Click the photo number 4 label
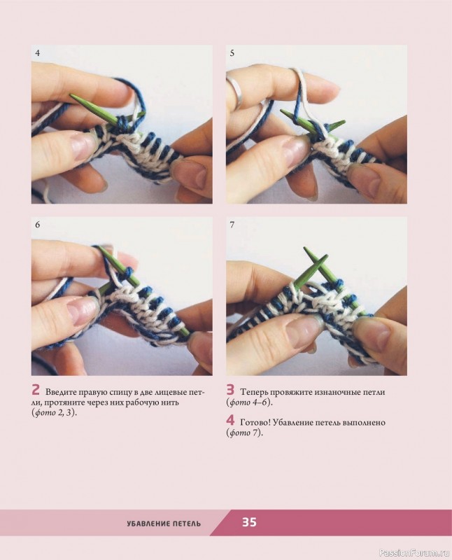click(x=38, y=53)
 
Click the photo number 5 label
click(x=232, y=53)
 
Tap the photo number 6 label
click(x=38, y=225)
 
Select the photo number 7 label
click(x=232, y=225)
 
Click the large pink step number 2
click(x=36, y=390)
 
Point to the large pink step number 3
click(x=230, y=390)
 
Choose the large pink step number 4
click(x=230, y=421)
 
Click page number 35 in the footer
click(x=249, y=522)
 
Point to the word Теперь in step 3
click(x=254, y=392)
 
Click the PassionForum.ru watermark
click(x=414, y=553)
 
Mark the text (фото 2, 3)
click(x=55, y=413)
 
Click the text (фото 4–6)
click(x=249, y=402)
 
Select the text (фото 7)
click(x=244, y=433)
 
